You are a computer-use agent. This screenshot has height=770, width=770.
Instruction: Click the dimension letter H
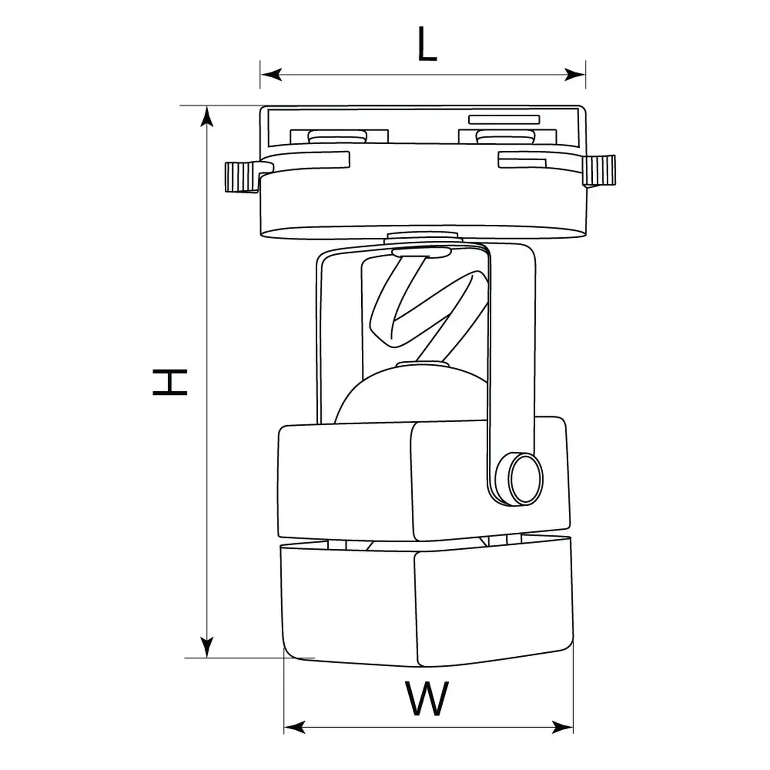click(x=170, y=382)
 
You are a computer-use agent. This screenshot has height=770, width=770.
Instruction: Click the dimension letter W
click(x=427, y=699)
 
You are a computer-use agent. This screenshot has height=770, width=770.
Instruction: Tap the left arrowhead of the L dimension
click(x=270, y=74)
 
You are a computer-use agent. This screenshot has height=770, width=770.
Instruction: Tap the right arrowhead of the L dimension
click(x=575, y=74)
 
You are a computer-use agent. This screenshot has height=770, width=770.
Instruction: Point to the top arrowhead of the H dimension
click(x=206, y=117)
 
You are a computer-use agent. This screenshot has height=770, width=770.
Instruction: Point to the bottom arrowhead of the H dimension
click(x=206, y=646)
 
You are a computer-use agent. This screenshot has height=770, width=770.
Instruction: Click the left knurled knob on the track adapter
click(x=241, y=177)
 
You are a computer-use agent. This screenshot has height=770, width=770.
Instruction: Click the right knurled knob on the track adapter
click(x=599, y=170)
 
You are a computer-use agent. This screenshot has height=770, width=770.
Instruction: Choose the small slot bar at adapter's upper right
click(x=504, y=120)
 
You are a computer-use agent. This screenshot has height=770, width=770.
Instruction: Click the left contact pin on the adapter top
click(x=338, y=136)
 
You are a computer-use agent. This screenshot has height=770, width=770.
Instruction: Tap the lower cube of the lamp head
click(x=425, y=604)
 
